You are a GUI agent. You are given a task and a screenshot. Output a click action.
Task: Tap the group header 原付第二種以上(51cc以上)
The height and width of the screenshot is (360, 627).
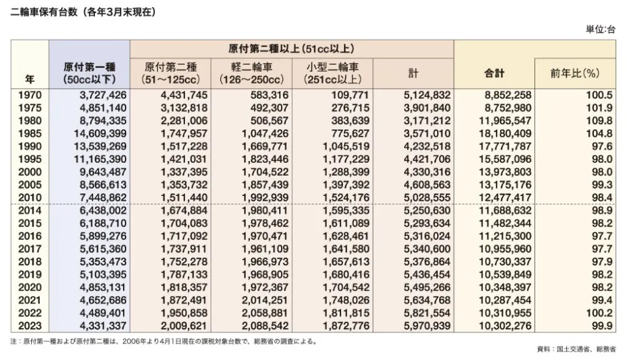291,48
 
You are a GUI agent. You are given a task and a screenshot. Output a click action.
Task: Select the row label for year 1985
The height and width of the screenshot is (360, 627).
30,133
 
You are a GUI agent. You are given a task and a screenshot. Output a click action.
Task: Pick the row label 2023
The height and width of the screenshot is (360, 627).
30,326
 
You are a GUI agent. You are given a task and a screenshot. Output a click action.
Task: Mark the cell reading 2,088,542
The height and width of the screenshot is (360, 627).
263,326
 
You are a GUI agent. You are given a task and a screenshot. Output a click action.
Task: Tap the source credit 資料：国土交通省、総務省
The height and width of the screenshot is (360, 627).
576,349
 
